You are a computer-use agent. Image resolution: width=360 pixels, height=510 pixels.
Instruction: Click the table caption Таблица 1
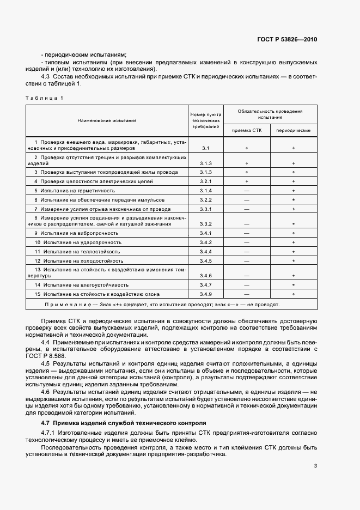click(x=45, y=98)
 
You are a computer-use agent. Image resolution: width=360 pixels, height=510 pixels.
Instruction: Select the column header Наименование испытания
click(x=107, y=121)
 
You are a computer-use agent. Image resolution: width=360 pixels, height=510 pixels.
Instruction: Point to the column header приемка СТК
click(x=247, y=131)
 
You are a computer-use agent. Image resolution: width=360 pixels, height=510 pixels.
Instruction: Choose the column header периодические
click(x=293, y=131)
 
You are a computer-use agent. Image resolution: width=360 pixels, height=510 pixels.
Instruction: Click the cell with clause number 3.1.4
click(x=205, y=190)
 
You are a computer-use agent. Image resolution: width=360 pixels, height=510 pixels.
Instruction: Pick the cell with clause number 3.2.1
click(x=205, y=180)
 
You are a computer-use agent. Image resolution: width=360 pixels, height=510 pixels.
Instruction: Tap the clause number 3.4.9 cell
click(x=205, y=294)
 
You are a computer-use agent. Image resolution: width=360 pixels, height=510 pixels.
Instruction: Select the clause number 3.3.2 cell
click(x=205, y=223)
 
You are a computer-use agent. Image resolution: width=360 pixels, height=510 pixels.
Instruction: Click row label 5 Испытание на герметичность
click(x=74, y=190)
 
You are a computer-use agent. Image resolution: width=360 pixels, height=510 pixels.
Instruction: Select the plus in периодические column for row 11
click(x=293, y=252)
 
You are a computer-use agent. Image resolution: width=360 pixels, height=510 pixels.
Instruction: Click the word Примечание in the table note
click(x=66, y=305)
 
